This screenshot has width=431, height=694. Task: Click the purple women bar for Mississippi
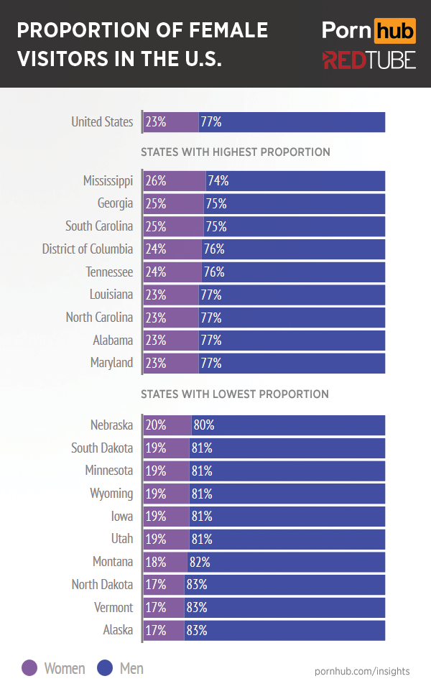(175, 181)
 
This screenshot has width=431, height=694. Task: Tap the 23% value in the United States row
(156, 122)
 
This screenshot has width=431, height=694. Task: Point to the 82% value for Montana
(199, 562)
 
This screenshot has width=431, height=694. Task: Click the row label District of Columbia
(88, 249)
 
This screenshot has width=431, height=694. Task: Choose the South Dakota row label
(102, 448)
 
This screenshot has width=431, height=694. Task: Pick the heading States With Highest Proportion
(236, 152)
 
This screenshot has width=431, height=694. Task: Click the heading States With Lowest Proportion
(235, 394)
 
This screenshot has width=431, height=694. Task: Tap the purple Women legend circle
(29, 669)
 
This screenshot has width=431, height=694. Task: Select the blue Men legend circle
(105, 669)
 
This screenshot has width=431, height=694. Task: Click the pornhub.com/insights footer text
(362, 671)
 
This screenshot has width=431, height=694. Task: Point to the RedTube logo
(369, 60)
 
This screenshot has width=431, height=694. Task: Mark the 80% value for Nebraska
(204, 425)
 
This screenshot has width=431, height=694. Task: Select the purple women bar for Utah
(167, 539)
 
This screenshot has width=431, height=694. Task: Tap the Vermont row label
(113, 608)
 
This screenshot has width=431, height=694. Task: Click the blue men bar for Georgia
(295, 204)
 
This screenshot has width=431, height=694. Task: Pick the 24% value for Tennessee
(156, 272)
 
